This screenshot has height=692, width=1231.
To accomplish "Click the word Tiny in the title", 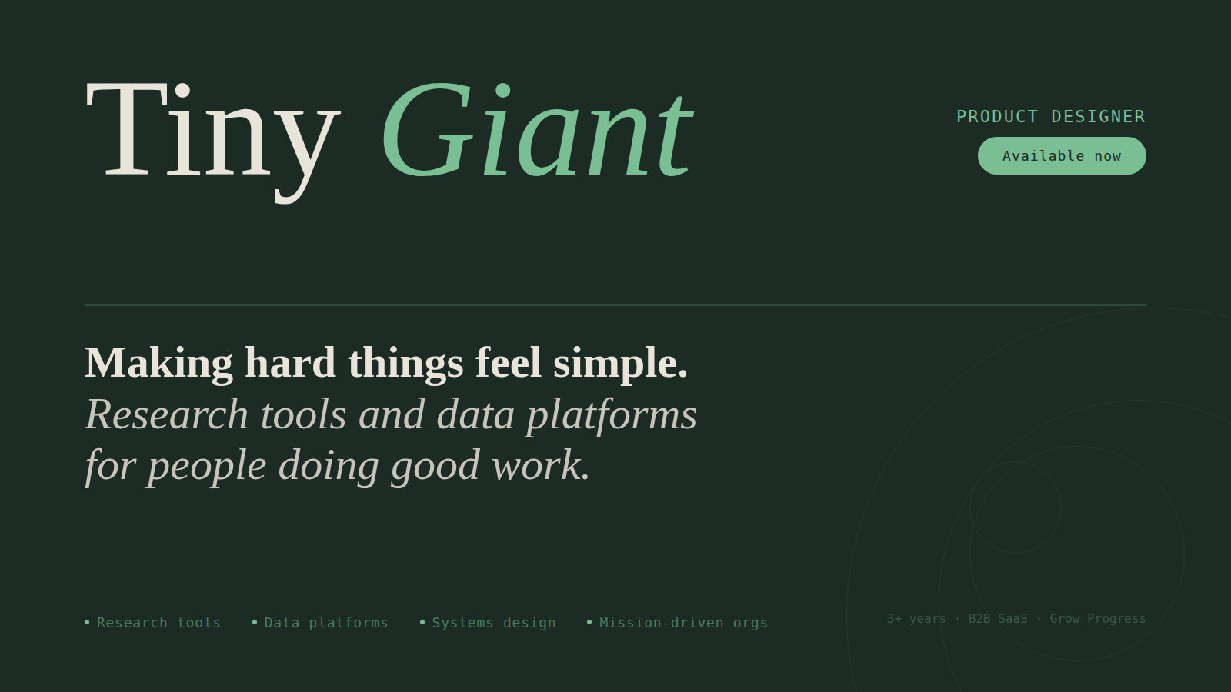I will pos(212,131).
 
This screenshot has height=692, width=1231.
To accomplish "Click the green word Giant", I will pos(537,131).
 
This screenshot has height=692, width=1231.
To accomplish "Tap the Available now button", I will pos(1062,156).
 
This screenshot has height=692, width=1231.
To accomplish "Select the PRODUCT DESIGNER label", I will pos(1050,117).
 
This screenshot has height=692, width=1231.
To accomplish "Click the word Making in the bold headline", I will pos(158,363).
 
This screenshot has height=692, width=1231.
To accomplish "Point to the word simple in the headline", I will pos(619,363).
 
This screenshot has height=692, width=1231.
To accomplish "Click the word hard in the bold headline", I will pos(290,363).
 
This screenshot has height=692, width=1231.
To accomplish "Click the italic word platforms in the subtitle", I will pos(612,415).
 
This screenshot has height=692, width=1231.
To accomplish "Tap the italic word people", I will pos(207,467).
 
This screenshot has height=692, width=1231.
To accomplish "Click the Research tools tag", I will pos(158,623).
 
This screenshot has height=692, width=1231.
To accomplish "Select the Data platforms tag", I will pos(326,623).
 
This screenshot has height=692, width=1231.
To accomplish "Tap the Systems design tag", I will pos(493,623).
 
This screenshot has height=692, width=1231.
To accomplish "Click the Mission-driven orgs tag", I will pos(683,623).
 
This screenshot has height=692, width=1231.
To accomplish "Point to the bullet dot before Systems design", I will pos(422,622).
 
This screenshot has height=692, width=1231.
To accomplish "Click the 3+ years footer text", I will pos(916,619).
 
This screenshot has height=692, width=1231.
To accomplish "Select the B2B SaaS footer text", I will pos(998,619).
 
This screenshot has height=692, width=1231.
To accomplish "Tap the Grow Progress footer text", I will pos(1098,619).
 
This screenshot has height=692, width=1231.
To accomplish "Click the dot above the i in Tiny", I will pos(182,91).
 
